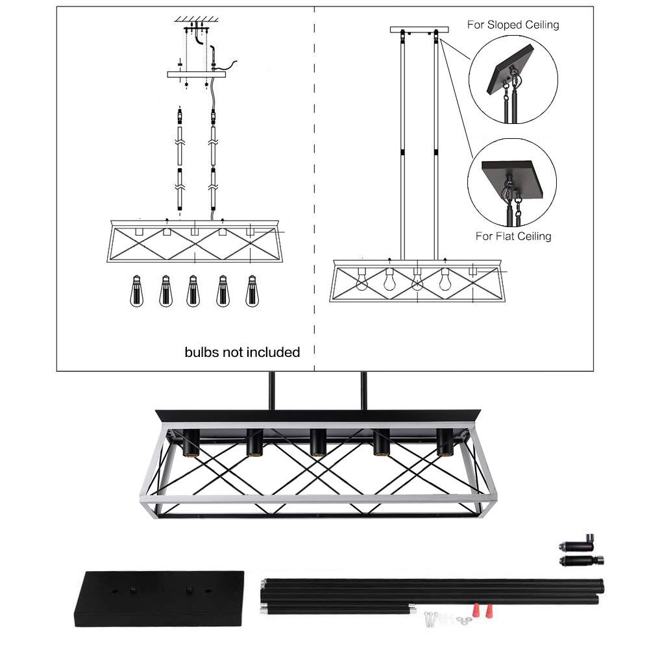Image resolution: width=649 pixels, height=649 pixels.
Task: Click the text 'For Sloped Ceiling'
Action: pyautogui.click(x=513, y=25)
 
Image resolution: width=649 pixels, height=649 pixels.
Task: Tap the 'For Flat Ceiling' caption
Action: pyautogui.click(x=513, y=236)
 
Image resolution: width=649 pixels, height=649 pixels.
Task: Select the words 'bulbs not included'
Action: pyautogui.click(x=242, y=352)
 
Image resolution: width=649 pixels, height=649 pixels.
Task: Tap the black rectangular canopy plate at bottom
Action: pyautogui.click(x=159, y=598)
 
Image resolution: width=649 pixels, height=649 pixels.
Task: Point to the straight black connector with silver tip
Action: pyautogui.click(x=580, y=560)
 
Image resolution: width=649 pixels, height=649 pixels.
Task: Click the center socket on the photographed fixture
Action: pyautogui.click(x=317, y=443)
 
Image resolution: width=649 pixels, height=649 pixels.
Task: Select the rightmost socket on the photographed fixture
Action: pyautogui.click(x=444, y=443)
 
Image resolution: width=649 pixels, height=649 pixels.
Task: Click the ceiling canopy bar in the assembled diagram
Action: pyautogui.click(x=419, y=29)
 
